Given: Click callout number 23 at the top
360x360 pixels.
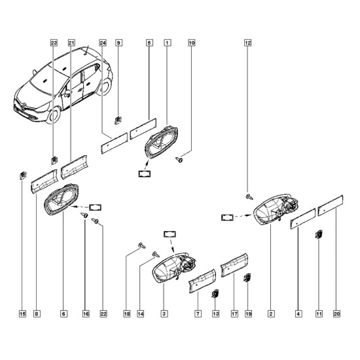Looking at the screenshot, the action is (54, 43).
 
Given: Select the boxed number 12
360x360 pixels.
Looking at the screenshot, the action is (247, 43).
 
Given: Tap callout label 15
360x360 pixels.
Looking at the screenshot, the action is (22, 314).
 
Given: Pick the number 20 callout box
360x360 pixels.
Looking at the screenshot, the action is (336, 314).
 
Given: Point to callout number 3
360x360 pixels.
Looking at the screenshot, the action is (164, 314).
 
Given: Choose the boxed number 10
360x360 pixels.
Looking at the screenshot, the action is (192, 43).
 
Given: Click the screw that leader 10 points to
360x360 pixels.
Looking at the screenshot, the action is (179, 160).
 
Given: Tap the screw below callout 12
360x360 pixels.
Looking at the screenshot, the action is (249, 196).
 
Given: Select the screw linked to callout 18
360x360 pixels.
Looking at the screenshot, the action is (142, 245).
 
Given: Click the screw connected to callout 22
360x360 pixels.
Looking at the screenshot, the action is (95, 221).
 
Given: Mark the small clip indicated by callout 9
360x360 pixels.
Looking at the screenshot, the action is (118, 120).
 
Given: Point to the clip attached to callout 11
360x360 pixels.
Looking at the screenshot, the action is (319, 234).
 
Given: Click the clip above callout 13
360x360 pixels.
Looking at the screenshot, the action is (215, 293).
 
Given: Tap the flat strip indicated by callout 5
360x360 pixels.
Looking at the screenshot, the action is (143, 128).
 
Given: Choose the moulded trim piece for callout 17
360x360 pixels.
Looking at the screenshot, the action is (234, 265).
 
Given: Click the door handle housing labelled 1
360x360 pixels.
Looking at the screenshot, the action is (162, 141).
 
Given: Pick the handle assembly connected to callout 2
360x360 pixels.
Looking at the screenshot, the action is (276, 209).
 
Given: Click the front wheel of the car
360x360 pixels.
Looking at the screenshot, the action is (54, 116).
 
